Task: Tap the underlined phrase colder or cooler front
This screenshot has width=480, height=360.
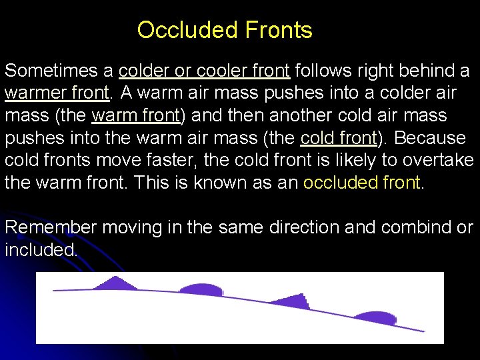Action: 204,71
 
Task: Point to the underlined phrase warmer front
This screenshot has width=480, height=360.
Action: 57,93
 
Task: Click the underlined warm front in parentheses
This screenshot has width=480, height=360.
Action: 136,115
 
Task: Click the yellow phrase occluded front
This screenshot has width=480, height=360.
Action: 362,183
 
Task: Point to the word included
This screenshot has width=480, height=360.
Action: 41,250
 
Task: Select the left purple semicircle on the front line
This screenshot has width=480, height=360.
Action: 201,289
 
